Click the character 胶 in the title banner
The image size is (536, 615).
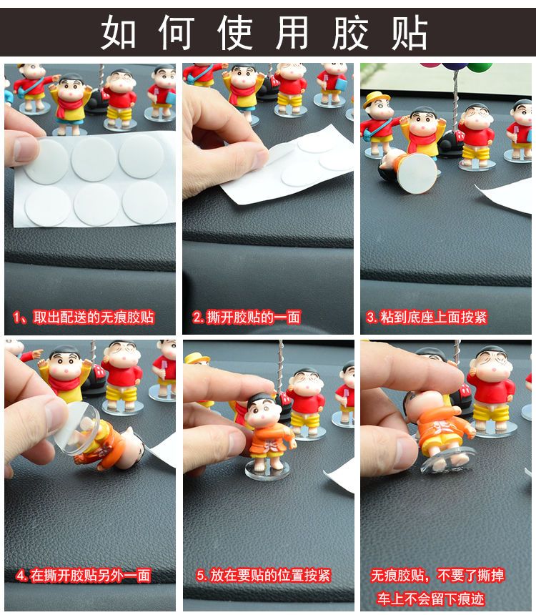pos(350,32)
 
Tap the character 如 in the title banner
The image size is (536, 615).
pos(119,32)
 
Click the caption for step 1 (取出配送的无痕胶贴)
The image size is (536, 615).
pos(84,317)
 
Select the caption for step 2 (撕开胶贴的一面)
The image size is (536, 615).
pos(247,317)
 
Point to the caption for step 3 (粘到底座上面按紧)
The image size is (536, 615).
pos(427,317)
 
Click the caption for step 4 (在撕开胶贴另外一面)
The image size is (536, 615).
pos(84,576)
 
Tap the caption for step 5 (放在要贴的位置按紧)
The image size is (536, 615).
pos(264,576)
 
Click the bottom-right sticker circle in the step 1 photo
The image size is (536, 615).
pos(144,203)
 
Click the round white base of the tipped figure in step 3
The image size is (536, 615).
pos(418,173)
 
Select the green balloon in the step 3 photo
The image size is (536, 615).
pos(480,67)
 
